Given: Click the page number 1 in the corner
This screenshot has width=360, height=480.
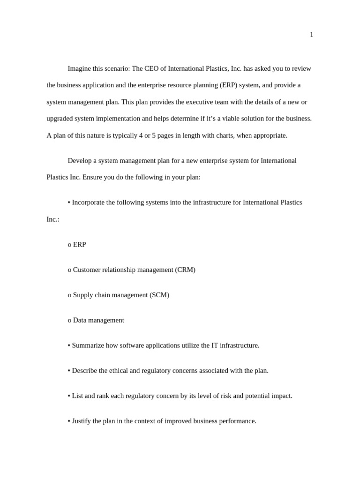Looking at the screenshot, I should pos(311,35).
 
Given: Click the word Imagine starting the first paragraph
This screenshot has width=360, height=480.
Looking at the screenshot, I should pos(79,68).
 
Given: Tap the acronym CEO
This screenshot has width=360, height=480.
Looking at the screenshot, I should pos(152,68).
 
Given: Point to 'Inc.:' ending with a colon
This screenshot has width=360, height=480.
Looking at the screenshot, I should pos(53,219).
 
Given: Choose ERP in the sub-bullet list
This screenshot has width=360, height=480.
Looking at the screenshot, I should pos(79,245).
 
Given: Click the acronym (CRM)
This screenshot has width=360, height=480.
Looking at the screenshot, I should pos(185,270).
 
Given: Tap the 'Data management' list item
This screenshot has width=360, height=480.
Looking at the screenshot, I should pos(98,321).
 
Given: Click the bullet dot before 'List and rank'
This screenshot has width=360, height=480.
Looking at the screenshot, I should pos(69,396).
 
